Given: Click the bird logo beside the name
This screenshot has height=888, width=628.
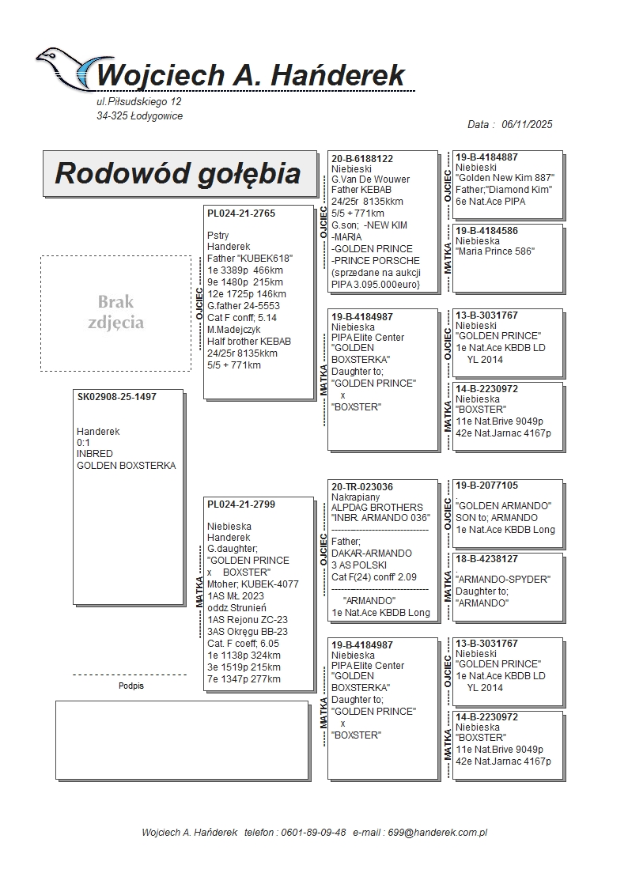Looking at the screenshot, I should coord(66,67).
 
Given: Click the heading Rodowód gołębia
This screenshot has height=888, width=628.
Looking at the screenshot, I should coord(178,173).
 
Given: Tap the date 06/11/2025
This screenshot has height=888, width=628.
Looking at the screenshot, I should coord(527,124).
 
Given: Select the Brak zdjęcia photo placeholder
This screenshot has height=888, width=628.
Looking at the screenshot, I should coord(115,312).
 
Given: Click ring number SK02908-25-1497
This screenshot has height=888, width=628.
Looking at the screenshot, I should coord(117,397).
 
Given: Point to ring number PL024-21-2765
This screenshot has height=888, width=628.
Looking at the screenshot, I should coord(241,213).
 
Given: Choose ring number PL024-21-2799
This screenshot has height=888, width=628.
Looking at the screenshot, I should coord(241,504).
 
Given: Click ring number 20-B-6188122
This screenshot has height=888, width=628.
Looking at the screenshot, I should coord(362,159).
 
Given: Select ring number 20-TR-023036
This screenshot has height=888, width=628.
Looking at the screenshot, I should coord(362,487).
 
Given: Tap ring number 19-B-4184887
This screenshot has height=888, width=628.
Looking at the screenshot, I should coord(487,157).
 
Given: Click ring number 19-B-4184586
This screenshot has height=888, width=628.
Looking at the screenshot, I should coord(487,230).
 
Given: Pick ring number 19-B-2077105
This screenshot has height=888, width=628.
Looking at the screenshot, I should coord(487,486).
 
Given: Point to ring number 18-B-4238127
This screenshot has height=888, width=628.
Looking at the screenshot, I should coord(487,559).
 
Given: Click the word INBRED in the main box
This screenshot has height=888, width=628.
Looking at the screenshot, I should coord(95,455).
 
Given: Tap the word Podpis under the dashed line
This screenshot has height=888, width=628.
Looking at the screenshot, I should coord(131,686).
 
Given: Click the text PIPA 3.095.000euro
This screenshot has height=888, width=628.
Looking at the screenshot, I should coord(375,284).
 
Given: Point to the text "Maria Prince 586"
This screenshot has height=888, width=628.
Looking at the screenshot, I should coord(495,251).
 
